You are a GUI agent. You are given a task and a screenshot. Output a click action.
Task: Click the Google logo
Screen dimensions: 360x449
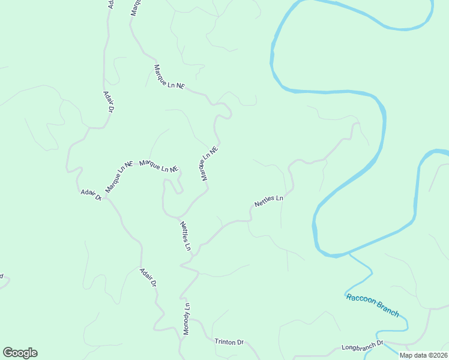coord(20,353)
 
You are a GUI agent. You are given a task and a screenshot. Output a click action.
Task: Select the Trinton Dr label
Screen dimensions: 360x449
coord(229,341)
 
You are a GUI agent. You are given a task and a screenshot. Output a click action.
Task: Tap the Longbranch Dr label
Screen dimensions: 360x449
coord(362,346)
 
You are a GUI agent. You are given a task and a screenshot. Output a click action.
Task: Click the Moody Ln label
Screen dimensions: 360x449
coord(187,319)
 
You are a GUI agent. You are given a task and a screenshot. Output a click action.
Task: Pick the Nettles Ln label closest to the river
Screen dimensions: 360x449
coord(268,200)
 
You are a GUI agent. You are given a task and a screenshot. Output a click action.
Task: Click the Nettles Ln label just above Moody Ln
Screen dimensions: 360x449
coord(185,236)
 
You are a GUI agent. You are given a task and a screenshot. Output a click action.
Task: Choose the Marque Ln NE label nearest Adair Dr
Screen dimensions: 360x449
coord(119,176)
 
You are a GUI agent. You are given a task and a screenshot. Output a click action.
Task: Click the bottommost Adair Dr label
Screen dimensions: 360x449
coord(148,277)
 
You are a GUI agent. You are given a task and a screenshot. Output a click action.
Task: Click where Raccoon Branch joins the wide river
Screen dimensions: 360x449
coord(349,254)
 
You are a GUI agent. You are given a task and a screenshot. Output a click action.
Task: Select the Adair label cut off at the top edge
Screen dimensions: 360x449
coord(110,4)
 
